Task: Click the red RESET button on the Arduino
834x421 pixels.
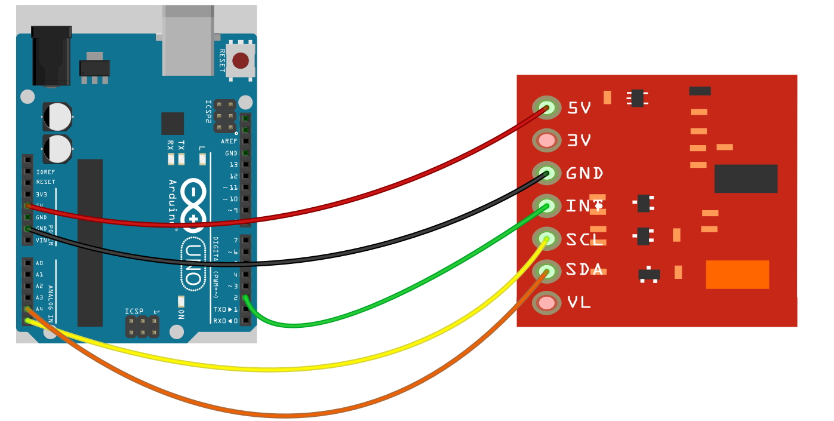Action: pyautogui.click(x=241, y=60)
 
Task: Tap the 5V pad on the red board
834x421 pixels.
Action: pyautogui.click(x=547, y=108)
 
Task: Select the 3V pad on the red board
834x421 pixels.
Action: pyautogui.click(x=547, y=141)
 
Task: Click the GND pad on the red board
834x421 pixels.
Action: pyautogui.click(x=547, y=173)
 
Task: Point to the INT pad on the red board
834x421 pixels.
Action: pyautogui.click(x=547, y=206)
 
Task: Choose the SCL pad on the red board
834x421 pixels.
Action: pyautogui.click(x=547, y=238)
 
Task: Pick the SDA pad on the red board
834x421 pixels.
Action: pyautogui.click(x=547, y=271)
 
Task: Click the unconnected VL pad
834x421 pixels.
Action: pyautogui.click(x=547, y=303)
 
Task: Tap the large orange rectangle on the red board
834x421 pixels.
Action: pyautogui.click(x=737, y=275)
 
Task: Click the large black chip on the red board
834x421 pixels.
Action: pyautogui.click(x=746, y=179)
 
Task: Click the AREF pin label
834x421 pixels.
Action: pyautogui.click(x=229, y=142)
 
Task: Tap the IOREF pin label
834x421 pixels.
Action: pyautogui.click(x=45, y=171)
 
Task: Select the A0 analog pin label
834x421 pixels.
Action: pyautogui.click(x=39, y=263)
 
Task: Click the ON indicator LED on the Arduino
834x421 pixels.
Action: pyautogui.click(x=180, y=300)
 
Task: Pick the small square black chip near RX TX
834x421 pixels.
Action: pyautogui.click(x=173, y=124)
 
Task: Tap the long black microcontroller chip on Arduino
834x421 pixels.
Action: pyautogui.click(x=90, y=242)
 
